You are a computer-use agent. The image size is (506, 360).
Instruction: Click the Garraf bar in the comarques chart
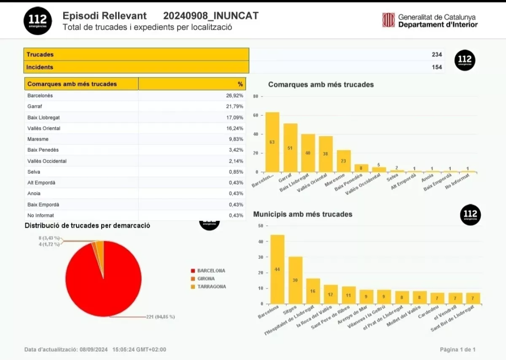(x=290, y=148)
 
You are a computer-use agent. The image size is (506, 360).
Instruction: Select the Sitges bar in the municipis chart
(x=295, y=280)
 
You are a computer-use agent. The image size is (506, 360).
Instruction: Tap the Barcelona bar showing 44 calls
(x=277, y=269)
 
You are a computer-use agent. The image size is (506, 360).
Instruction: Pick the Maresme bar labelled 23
(x=344, y=161)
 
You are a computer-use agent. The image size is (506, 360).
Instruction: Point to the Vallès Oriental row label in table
(x=44, y=128)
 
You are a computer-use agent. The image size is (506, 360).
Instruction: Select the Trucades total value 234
(x=436, y=54)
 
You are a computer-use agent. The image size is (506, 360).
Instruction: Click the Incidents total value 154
(x=436, y=67)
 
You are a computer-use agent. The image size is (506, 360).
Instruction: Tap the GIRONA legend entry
(x=206, y=279)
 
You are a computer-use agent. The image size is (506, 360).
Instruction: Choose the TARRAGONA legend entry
(x=211, y=287)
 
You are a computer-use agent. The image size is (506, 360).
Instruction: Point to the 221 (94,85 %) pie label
(x=160, y=317)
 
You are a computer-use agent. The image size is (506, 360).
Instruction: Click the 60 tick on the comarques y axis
(x=256, y=116)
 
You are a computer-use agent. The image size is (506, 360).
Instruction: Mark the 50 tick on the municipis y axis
(x=260, y=226)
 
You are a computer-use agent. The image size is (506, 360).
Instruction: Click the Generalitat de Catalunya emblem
(x=388, y=20)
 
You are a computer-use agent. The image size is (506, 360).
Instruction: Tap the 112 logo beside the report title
(x=38, y=21)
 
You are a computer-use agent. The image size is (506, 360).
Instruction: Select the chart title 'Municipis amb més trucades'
(x=302, y=214)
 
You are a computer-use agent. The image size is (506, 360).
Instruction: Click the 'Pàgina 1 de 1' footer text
(x=458, y=349)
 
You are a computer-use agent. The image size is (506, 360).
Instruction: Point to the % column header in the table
(x=240, y=84)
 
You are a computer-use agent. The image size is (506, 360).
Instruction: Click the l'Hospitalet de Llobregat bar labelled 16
(x=313, y=291)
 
